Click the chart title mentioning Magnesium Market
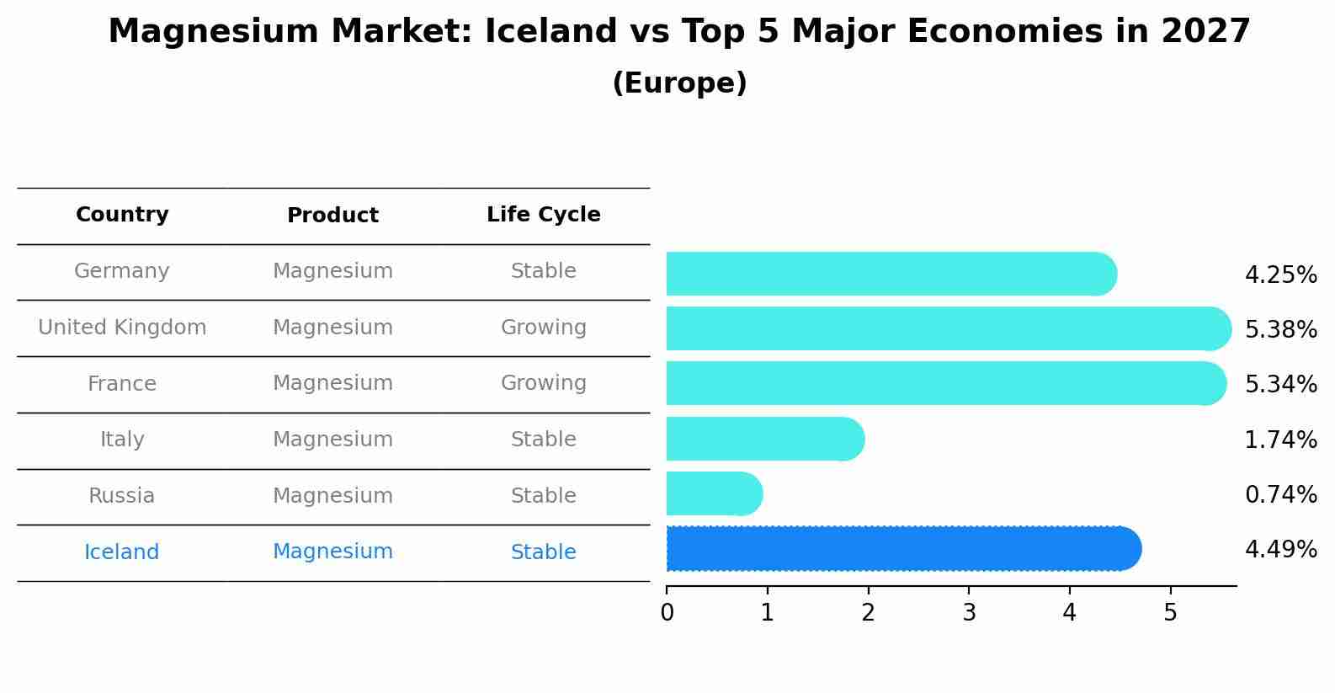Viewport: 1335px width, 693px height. [x=678, y=32]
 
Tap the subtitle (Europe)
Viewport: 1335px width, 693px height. [x=678, y=83]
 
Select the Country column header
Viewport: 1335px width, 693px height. [x=122, y=215]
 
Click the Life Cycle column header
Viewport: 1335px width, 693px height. [x=543, y=215]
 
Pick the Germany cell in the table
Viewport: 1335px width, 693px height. [x=122, y=271]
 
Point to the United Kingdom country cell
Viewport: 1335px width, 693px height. [x=122, y=328]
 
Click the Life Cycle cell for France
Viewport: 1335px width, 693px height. [x=543, y=383]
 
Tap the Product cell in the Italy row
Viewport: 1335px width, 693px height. [x=332, y=440]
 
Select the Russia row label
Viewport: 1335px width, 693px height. [x=122, y=496]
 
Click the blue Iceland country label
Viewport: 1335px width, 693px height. [x=122, y=552]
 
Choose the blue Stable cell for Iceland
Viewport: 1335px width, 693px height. [x=543, y=552]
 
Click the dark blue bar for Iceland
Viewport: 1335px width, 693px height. [x=901, y=549]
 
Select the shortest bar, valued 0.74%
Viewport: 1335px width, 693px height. [x=711, y=493]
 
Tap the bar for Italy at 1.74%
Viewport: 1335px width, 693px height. [x=762, y=439]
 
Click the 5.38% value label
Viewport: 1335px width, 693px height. [x=1280, y=329]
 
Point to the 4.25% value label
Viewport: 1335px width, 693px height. [x=1280, y=275]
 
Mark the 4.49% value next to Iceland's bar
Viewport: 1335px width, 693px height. [x=1280, y=550]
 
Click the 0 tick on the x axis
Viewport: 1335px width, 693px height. [x=667, y=613]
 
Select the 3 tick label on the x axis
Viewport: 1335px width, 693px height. [x=969, y=613]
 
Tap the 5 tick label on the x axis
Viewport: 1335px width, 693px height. [x=1170, y=613]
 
